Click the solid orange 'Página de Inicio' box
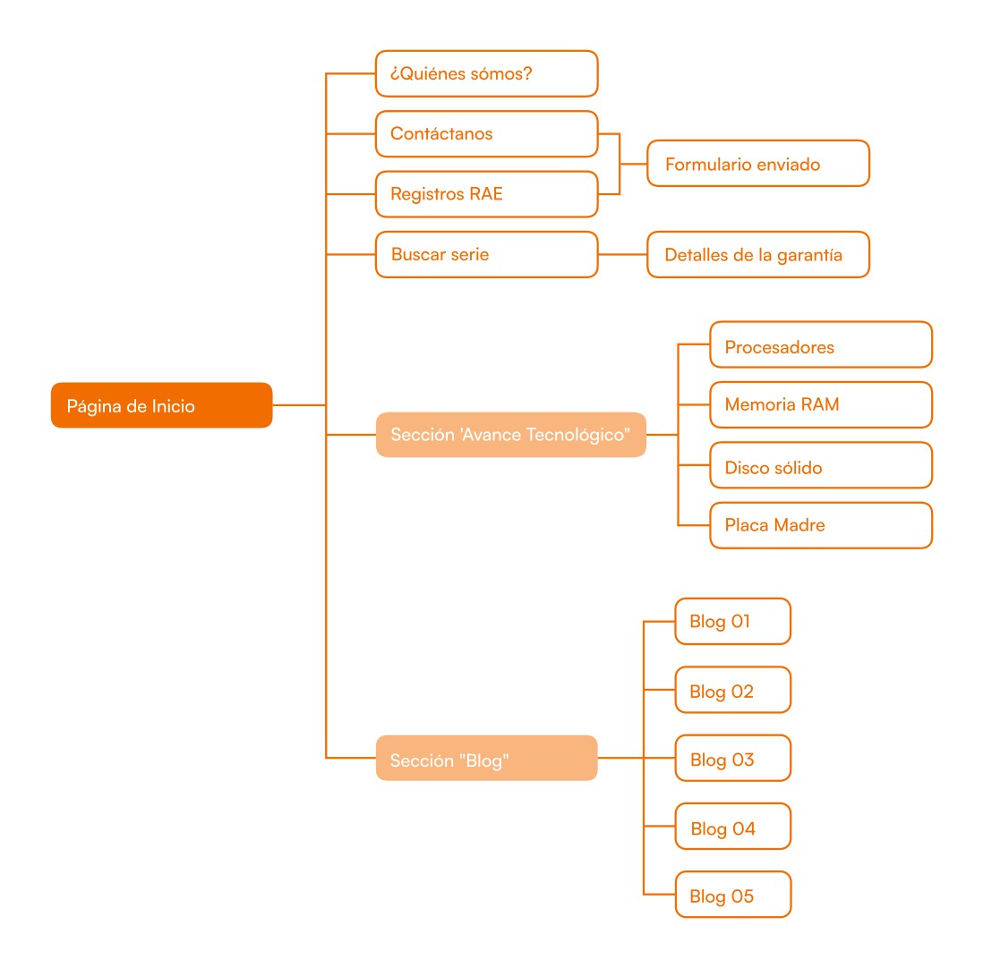(x=162, y=405)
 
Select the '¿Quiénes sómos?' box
(x=486, y=74)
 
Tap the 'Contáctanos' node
(x=486, y=134)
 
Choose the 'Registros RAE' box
(x=486, y=194)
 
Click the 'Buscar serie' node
(x=486, y=254)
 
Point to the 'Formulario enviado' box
(x=758, y=164)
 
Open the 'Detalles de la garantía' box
(x=758, y=254)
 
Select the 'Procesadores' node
(x=821, y=344)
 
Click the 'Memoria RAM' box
(x=821, y=404)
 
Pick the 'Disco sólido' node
(x=821, y=465)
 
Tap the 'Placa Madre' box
(x=821, y=525)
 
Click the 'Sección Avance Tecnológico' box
(x=511, y=435)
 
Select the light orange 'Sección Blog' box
(x=486, y=758)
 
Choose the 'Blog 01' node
(x=733, y=622)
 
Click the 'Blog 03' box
(x=733, y=758)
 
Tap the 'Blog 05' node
(x=733, y=895)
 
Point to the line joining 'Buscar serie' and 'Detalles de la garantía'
(x=622, y=254)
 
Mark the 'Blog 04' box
(x=733, y=827)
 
